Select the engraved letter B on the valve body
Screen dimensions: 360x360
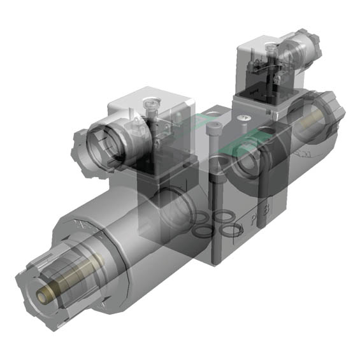(x=266, y=208)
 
